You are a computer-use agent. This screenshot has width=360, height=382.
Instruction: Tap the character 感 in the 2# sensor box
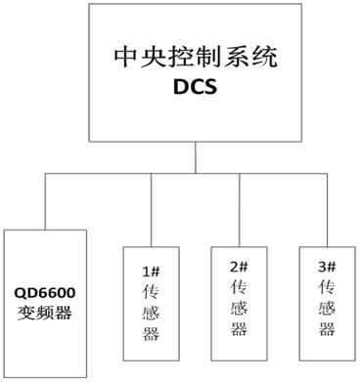click(x=239, y=313)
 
